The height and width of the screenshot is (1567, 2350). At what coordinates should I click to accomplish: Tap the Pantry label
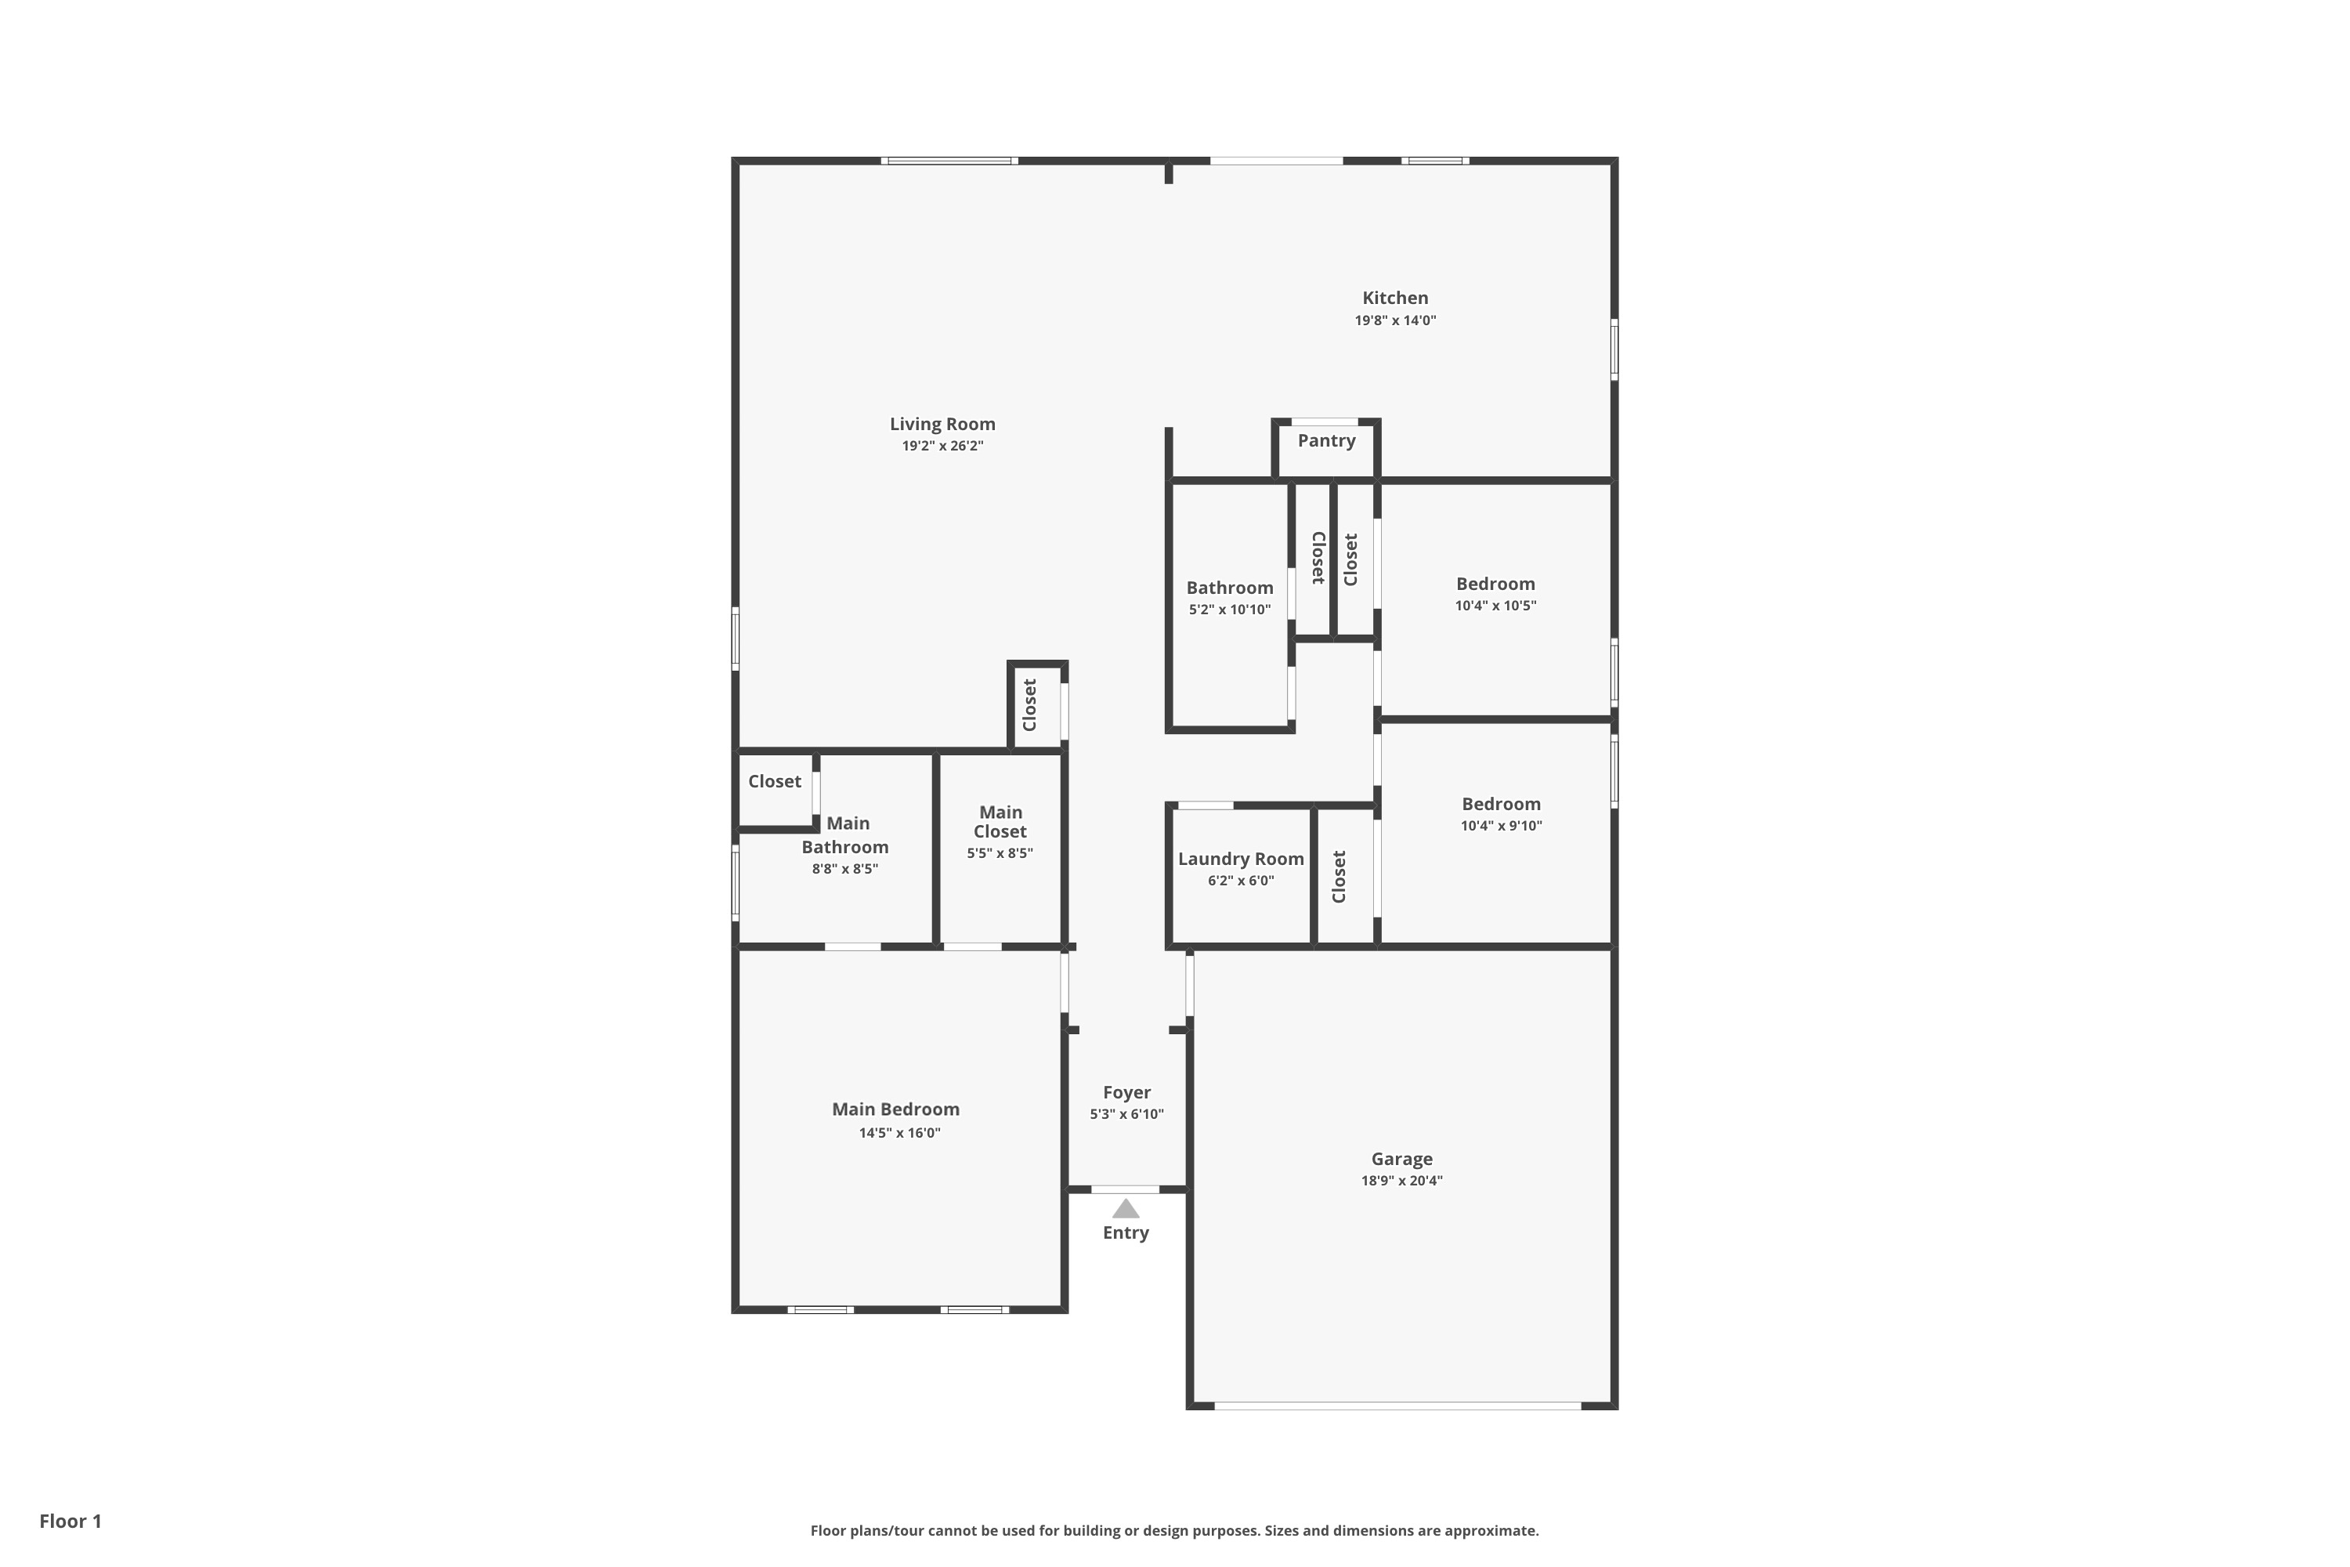coord(1326,440)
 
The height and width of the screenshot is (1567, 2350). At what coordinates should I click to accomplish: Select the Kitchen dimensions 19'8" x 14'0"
coord(1395,320)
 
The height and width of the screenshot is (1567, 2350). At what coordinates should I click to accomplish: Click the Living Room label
coord(942,424)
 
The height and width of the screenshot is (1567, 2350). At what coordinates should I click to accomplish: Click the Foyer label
coord(1126,1092)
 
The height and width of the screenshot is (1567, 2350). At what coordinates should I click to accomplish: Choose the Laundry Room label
coord(1240,859)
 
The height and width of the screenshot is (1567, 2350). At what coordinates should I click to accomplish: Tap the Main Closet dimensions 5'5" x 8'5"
coord(1000,853)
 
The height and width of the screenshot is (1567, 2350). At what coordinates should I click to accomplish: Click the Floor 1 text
coord(70,1521)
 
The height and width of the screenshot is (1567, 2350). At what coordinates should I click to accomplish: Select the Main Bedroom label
coord(895,1109)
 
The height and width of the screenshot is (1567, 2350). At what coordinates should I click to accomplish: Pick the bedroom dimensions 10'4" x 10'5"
coord(1495,606)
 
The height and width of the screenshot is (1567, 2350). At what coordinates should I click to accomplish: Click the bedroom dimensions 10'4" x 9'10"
coord(1501,826)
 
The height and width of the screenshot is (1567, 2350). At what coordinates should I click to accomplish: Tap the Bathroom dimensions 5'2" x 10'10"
coord(1229,610)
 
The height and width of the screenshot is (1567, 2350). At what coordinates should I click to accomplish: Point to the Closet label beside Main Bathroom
coord(775,781)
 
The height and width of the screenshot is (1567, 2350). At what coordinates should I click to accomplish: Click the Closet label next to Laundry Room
coord(1339,877)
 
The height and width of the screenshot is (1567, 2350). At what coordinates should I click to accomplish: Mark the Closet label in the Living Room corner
coord(1029,704)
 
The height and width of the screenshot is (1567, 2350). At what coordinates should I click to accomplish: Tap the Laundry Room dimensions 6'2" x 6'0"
coord(1240,881)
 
